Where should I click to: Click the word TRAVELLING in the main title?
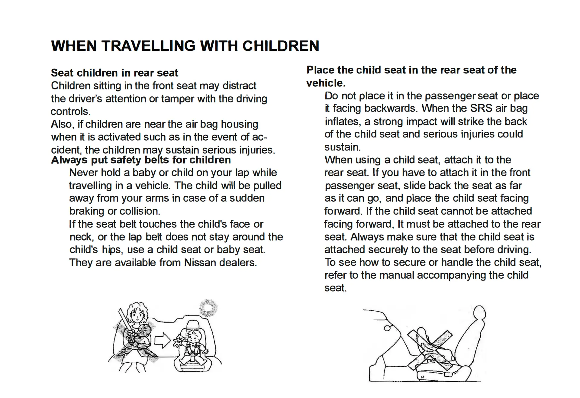148,46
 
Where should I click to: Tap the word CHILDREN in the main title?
281,46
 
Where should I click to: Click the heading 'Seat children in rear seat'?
114,73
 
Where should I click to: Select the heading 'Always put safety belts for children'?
141,160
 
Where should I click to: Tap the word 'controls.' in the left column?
70,112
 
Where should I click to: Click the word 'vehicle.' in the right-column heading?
326,83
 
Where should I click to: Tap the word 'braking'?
87,211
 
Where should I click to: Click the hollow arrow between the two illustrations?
163,341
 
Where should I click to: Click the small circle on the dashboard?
387,328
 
